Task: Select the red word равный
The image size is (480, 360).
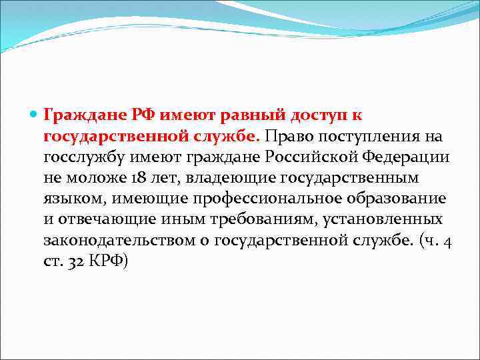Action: point(246,115)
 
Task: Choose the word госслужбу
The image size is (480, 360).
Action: point(77,157)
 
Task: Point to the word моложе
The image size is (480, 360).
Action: point(90,178)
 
